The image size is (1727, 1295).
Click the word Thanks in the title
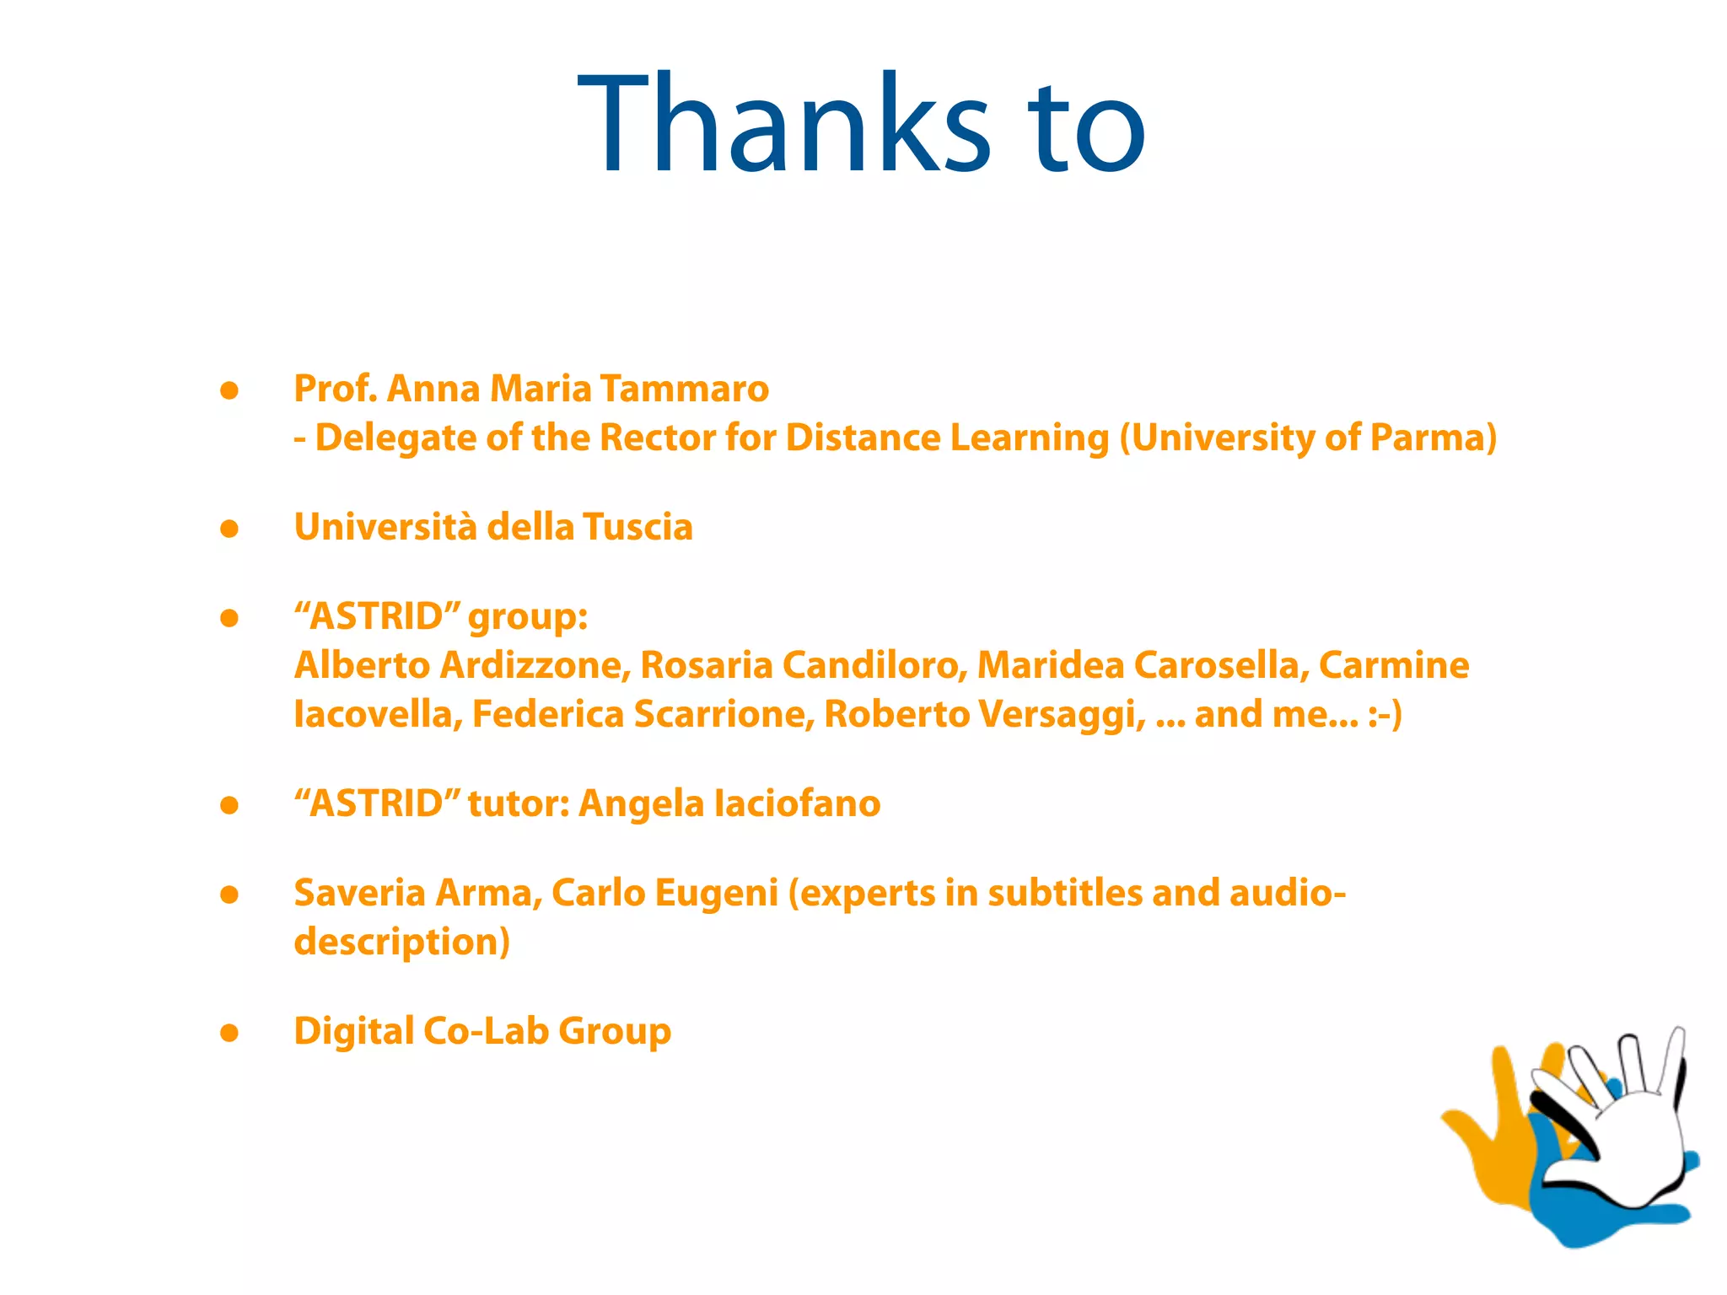pyautogui.click(x=784, y=125)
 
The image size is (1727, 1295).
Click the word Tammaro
pyautogui.click(x=685, y=389)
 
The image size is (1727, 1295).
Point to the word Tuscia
pyautogui.click(x=638, y=527)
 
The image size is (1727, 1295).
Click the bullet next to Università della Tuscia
pyautogui.click(x=229, y=529)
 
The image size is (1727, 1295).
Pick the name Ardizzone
pyautogui.click(x=535, y=665)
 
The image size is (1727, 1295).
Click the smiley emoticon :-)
pyautogui.click(x=1385, y=714)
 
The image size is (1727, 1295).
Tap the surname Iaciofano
pyautogui.click(x=797, y=803)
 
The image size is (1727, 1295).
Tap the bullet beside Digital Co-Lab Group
pyautogui.click(x=229, y=1033)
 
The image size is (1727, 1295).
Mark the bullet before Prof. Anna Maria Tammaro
pyautogui.click(x=229, y=390)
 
